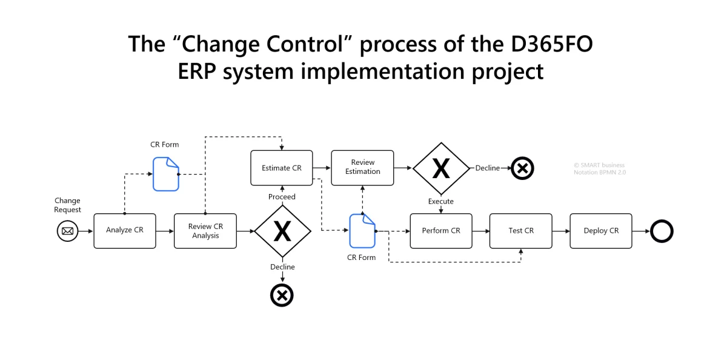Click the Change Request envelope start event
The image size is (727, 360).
click(x=68, y=231)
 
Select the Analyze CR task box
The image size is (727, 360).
click(x=124, y=231)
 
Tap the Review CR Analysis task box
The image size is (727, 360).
click(x=205, y=231)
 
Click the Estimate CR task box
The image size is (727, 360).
click(x=281, y=168)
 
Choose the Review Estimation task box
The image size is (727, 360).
click(x=362, y=167)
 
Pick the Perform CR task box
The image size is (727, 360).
click(x=440, y=231)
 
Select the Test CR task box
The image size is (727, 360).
click(x=520, y=231)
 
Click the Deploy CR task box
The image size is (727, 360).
click(x=600, y=231)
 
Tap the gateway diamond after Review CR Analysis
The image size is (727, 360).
click(x=282, y=231)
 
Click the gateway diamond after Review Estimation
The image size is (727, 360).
click(x=441, y=168)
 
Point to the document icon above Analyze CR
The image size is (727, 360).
click(x=165, y=174)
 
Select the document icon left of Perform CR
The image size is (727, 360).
click(x=362, y=231)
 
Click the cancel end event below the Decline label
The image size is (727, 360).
click(x=282, y=295)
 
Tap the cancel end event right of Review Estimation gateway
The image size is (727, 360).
click(x=522, y=168)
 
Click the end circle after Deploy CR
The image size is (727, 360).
click(x=662, y=231)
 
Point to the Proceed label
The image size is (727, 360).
click(x=282, y=197)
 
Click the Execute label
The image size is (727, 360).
click(x=440, y=201)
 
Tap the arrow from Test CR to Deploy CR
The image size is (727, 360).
click(x=560, y=231)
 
